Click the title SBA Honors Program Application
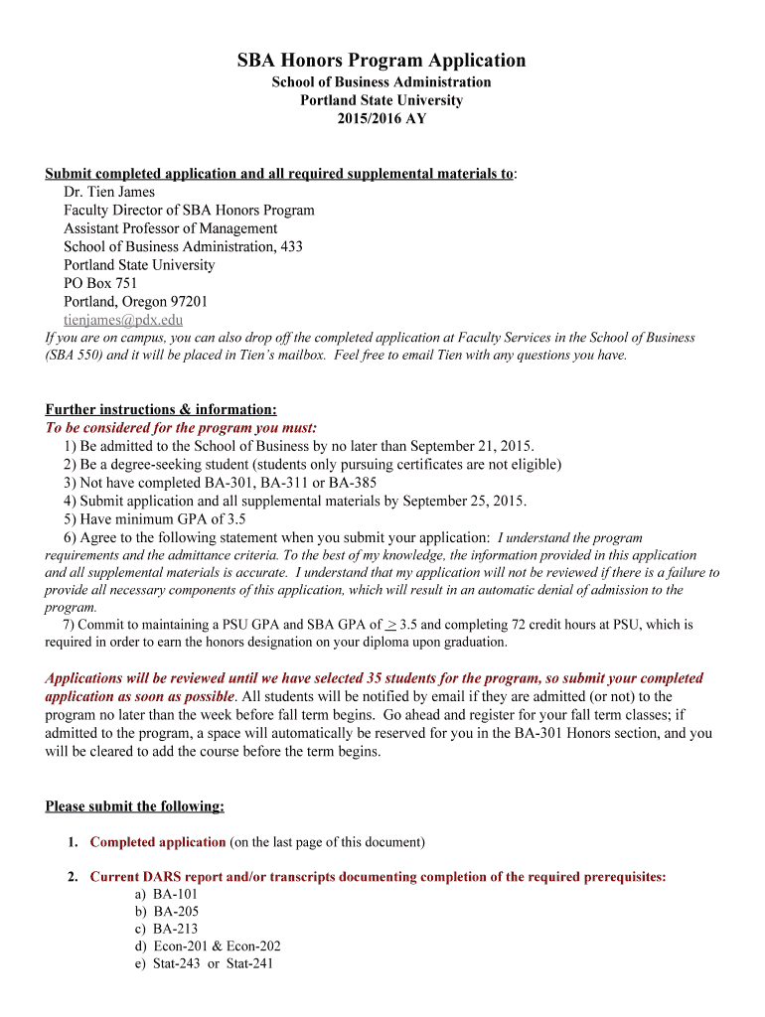pyautogui.click(x=382, y=61)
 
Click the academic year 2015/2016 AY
pyautogui.click(x=382, y=118)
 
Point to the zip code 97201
pyautogui.click(x=188, y=301)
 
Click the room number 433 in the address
pyautogui.click(x=291, y=246)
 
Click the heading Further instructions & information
pyautogui.click(x=161, y=409)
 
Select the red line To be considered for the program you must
pyautogui.click(x=181, y=428)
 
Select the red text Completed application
pyautogui.click(x=158, y=842)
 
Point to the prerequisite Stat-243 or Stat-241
pyautogui.click(x=213, y=963)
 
